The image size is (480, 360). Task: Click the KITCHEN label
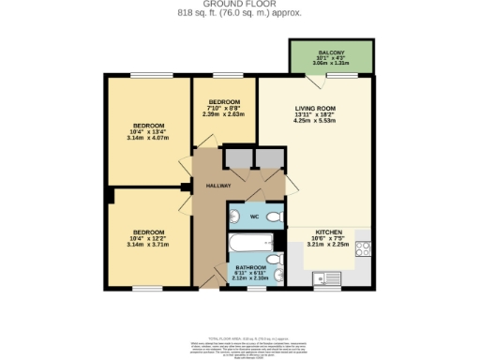328,232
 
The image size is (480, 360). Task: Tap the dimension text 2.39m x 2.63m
225,114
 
